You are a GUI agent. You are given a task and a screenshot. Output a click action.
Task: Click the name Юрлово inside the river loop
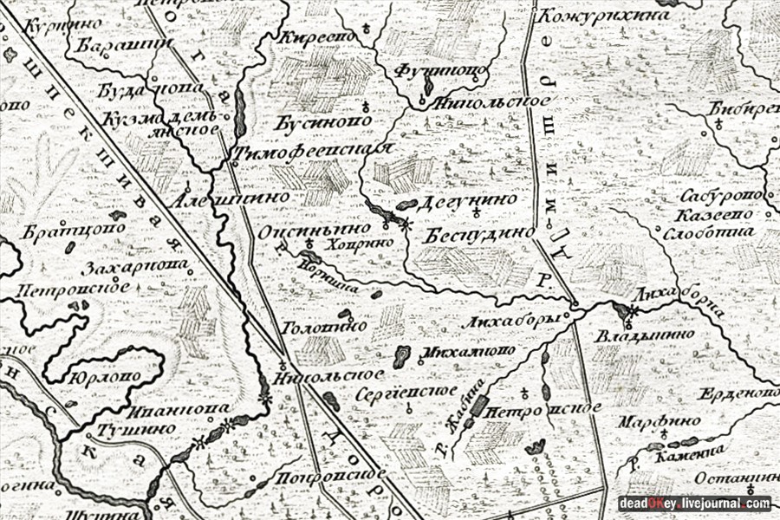pyautogui.click(x=113, y=378)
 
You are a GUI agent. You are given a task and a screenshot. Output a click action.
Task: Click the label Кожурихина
pyautogui.click(x=605, y=15)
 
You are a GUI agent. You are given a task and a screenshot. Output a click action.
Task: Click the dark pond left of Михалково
pyautogui.click(x=402, y=356)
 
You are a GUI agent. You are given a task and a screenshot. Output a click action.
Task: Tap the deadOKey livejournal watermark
pyautogui.click(x=694, y=503)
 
